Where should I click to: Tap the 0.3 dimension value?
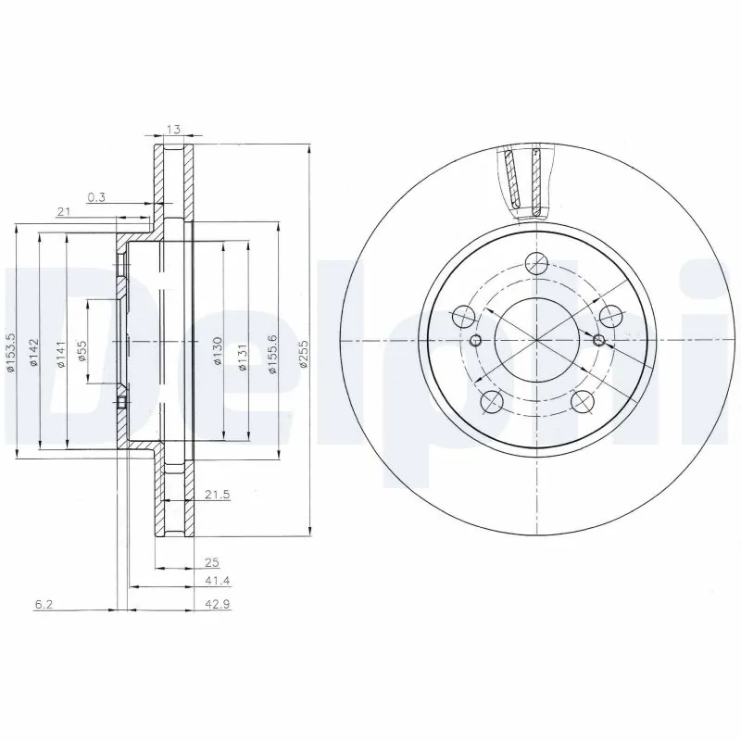pyautogui.click(x=96, y=196)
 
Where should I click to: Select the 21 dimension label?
pyautogui.click(x=64, y=213)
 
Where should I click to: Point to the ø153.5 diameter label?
pyautogui.click(x=10, y=353)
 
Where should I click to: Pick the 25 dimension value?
pyautogui.click(x=212, y=562)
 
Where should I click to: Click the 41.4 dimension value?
pyautogui.click(x=217, y=580)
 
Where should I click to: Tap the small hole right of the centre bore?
pyautogui.click(x=597, y=341)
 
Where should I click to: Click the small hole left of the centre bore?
pyautogui.click(x=476, y=341)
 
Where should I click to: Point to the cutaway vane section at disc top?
pyautogui.click(x=525, y=181)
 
